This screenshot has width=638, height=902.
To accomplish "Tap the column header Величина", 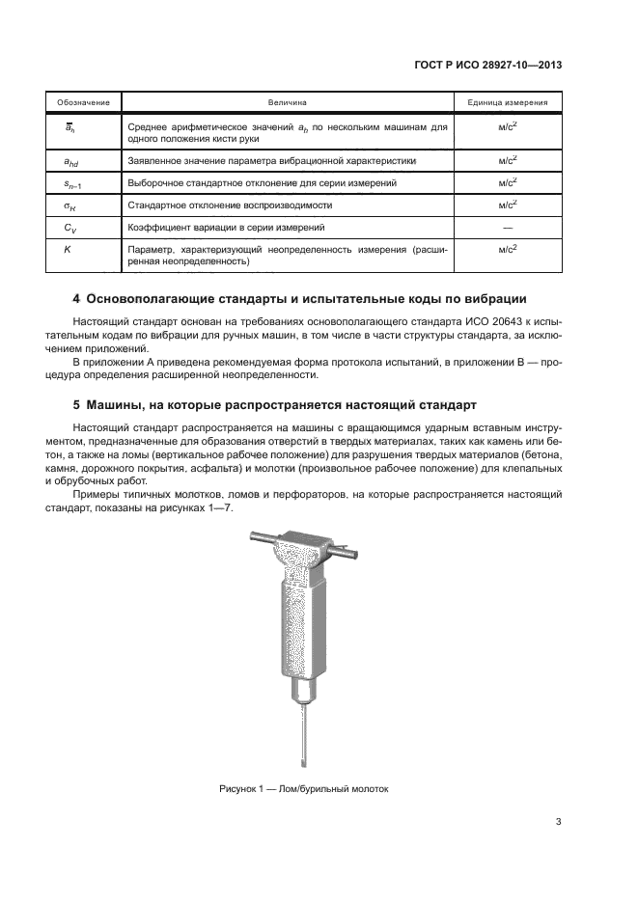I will [x=287, y=101].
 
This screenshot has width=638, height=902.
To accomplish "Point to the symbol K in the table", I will [x=68, y=249].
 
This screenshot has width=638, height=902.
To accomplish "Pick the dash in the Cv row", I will [x=508, y=227].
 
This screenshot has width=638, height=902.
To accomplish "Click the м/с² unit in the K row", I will [x=508, y=249].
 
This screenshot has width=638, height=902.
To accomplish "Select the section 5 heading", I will [x=273, y=403].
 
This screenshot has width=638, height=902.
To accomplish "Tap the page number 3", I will [x=558, y=822].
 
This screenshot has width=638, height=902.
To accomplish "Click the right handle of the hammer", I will [x=347, y=553].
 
